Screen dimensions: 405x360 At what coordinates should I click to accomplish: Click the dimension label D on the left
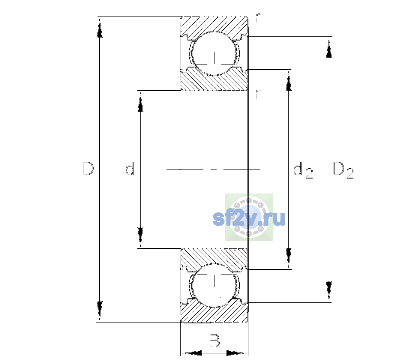[88, 169]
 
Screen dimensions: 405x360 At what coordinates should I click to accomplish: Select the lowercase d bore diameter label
[130, 169]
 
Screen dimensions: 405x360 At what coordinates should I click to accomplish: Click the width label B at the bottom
[214, 340]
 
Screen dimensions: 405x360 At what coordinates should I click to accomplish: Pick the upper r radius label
[258, 18]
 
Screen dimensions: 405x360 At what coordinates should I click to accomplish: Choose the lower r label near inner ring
[258, 94]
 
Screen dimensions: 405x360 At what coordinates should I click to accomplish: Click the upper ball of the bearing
[214, 53]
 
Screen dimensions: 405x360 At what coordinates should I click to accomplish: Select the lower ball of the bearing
[214, 285]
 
